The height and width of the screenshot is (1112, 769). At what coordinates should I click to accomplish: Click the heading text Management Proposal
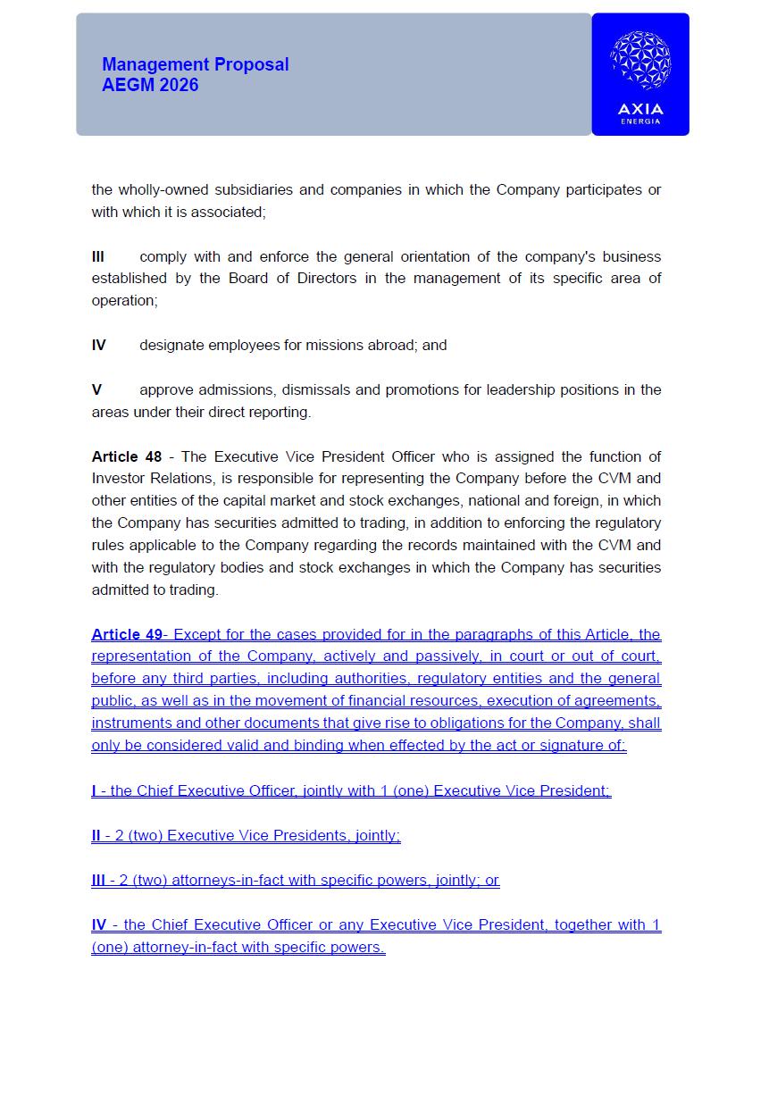coord(196,64)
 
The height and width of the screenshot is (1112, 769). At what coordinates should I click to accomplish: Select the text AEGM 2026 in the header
coord(150,86)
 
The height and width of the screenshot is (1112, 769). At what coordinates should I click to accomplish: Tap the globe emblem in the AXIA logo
coord(640,61)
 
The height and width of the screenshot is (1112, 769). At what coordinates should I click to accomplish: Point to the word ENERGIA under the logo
coord(640,121)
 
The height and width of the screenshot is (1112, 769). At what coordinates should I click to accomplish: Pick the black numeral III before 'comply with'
coord(98,257)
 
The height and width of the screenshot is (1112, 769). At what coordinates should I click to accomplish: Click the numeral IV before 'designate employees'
coord(99,346)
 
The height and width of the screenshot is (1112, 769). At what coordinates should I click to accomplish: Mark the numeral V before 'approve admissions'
coord(97,390)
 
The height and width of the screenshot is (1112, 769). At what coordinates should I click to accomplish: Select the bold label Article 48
coord(127,457)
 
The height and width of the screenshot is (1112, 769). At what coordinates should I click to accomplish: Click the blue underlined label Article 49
coord(127,635)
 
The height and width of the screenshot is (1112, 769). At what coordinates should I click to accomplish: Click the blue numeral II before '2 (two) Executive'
coord(96,836)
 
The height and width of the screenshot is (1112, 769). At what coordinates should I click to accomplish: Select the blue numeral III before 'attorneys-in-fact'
coord(98,881)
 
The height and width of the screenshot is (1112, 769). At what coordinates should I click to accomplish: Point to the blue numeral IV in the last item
coord(99,925)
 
